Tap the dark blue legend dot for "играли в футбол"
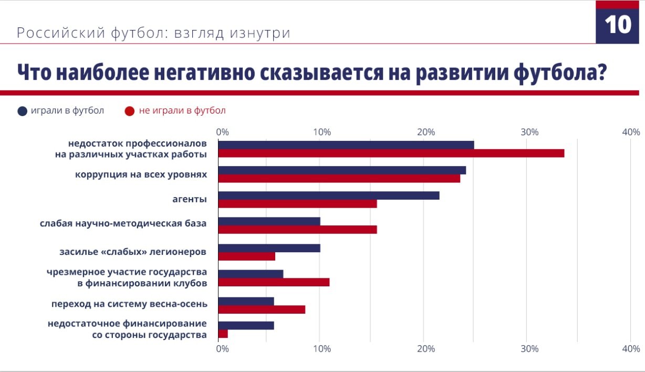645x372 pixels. click(x=22, y=111)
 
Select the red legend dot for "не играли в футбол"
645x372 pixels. click(x=130, y=111)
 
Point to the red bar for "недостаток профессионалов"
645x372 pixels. click(x=391, y=153)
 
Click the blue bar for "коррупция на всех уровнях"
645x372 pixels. click(x=341, y=170)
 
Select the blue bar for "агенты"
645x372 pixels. click(x=328, y=195)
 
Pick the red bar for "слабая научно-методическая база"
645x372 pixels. click(x=297, y=229)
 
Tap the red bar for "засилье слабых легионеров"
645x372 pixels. click(x=246, y=256)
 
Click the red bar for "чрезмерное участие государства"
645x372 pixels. click(x=274, y=282)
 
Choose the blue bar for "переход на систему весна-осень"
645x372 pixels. click(x=246, y=301)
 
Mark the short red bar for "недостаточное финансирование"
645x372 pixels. click(x=223, y=334)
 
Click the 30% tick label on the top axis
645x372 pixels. click(x=529, y=132)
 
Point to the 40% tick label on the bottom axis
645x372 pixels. click(x=630, y=349)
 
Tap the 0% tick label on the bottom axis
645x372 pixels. click(x=222, y=349)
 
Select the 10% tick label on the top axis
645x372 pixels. click(x=321, y=132)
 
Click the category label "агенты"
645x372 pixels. click(x=189, y=199)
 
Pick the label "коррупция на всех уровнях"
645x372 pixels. click(x=141, y=174)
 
